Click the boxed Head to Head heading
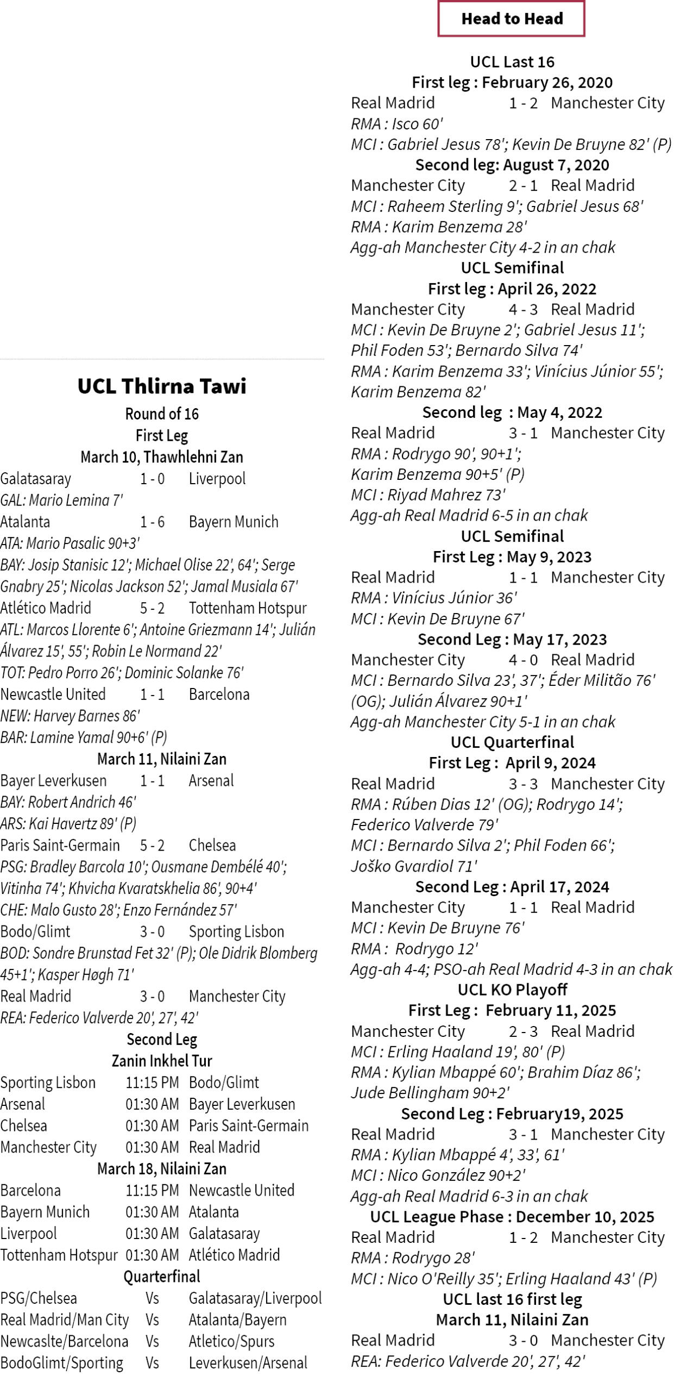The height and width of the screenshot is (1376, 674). [x=512, y=19]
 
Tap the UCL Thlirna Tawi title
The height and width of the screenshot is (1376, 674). [x=162, y=386]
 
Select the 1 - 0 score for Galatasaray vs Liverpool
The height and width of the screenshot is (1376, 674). [x=152, y=479]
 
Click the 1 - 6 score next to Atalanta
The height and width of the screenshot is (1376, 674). [x=152, y=522]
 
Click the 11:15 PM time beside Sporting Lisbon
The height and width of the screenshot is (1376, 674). [x=152, y=1083]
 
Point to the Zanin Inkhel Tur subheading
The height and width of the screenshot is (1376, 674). [x=162, y=1061]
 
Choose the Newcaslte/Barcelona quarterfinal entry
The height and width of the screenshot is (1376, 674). [x=64, y=1341]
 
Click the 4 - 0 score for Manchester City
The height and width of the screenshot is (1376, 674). [x=523, y=660]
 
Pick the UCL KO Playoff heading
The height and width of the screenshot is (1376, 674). [x=512, y=990]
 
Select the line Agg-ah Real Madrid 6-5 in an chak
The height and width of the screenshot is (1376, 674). [x=469, y=515]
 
